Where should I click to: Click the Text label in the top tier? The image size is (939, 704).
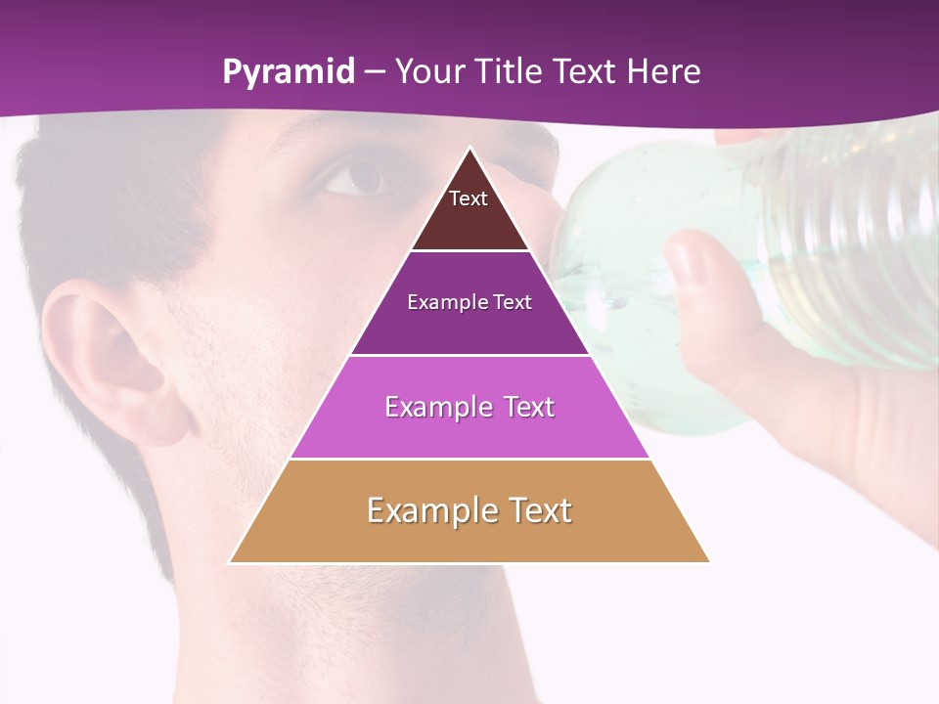pos(469,198)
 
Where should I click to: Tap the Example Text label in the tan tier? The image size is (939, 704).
pos(469,510)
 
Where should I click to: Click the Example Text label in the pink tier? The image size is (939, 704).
pos(469,407)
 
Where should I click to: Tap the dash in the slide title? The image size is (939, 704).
pos(375,72)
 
